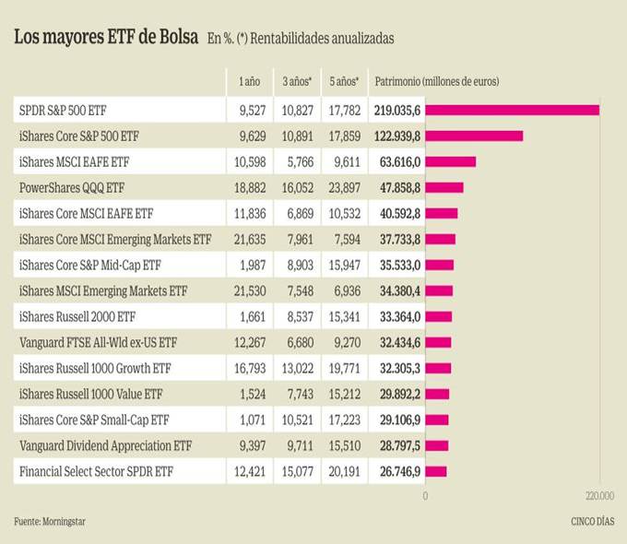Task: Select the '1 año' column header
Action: point(249,82)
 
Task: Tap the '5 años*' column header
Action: point(344,82)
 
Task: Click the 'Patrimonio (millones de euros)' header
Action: point(436,82)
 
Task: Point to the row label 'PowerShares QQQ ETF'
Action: point(71,188)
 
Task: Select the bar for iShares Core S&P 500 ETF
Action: point(474,136)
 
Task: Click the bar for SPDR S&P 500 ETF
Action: point(512,111)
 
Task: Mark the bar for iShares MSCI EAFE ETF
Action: point(450,162)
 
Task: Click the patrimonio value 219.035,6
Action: point(397,111)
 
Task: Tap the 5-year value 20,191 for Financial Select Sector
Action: point(343,472)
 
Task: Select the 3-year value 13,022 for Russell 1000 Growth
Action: point(299,369)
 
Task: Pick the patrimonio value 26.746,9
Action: point(397,472)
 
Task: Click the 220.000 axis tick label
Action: point(598,496)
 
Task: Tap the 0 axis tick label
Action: point(425,496)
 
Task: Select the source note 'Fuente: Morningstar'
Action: point(52,522)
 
